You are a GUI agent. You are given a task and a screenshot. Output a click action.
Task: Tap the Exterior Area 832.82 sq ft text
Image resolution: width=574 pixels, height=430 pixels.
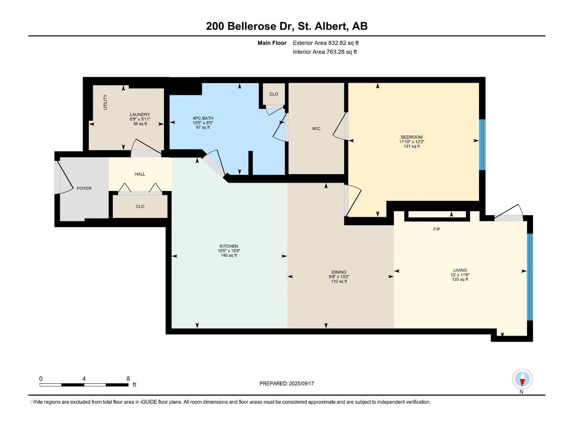(x=326, y=43)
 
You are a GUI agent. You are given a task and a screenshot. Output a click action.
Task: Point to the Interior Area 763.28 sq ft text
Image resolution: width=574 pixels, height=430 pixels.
(x=325, y=52)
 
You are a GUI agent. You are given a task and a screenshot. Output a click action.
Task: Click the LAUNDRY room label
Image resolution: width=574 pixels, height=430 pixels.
(x=140, y=114)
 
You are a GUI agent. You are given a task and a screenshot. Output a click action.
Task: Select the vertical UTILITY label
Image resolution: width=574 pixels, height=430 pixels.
(x=105, y=102)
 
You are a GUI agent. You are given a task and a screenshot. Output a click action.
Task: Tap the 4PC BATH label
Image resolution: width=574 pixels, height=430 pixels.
(x=203, y=118)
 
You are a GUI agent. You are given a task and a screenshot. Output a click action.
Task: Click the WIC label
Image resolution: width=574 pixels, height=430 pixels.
(x=316, y=128)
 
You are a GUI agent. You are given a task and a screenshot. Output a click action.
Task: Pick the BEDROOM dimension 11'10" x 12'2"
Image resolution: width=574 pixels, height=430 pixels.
(x=411, y=142)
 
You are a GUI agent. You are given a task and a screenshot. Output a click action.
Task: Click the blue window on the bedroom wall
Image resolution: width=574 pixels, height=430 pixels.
(x=482, y=145)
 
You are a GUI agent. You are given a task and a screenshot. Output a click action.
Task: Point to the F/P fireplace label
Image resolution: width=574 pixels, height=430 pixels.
(x=437, y=229)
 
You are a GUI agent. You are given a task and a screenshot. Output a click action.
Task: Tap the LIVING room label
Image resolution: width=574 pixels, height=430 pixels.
(x=460, y=270)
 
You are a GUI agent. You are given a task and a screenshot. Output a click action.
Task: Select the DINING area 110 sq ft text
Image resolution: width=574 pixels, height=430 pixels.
(x=339, y=281)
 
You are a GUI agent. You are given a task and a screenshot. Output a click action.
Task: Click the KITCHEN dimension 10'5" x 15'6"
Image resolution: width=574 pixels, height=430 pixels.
(x=229, y=250)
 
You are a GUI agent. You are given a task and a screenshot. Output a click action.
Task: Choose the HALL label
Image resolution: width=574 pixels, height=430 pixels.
(x=140, y=174)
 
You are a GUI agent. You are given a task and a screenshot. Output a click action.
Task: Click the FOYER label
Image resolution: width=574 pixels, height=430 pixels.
(x=84, y=188)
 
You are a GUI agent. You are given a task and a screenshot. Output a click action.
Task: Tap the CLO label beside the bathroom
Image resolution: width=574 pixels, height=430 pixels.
(x=274, y=94)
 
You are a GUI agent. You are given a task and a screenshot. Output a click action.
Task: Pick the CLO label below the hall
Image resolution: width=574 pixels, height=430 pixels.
(x=140, y=206)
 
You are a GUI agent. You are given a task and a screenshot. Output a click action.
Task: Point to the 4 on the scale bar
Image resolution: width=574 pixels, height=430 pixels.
(x=84, y=379)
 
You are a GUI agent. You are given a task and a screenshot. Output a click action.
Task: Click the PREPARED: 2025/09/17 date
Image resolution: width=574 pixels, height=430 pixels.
(x=287, y=383)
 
